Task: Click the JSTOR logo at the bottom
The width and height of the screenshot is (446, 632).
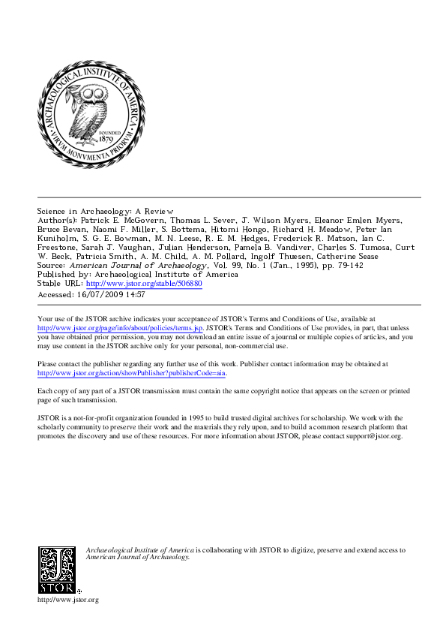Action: (x=57, y=569)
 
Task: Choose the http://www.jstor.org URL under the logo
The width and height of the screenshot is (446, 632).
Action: (x=68, y=600)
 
